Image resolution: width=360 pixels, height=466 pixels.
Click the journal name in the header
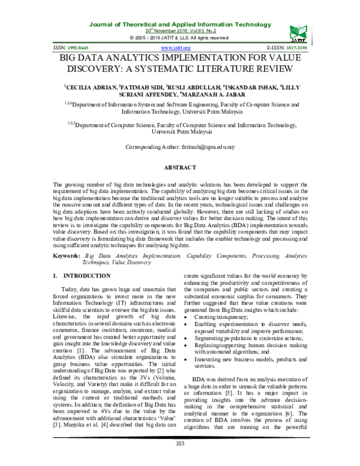180,23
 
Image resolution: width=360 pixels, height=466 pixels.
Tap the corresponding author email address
203,147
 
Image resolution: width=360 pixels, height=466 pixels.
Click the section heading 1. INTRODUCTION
79,276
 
